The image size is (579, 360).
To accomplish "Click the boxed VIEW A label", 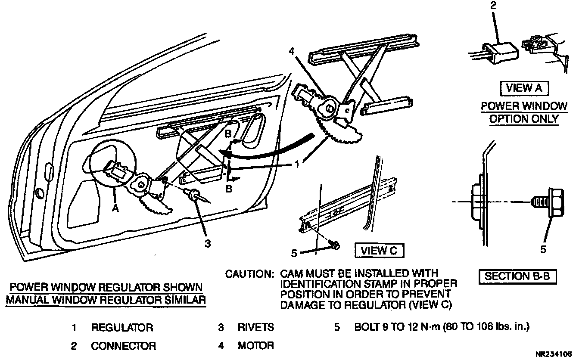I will (524, 89).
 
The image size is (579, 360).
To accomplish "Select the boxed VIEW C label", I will (379, 251).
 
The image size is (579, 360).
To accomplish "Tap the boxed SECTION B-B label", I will (517, 276).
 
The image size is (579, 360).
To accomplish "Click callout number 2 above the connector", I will (493, 6).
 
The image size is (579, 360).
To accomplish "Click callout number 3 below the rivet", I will (208, 243).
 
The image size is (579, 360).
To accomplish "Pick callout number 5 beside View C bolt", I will (295, 253).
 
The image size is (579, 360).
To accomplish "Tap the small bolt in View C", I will (335, 245).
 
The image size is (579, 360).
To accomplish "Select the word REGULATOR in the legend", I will (122, 328).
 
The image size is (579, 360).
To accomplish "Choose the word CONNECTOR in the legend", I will (123, 346).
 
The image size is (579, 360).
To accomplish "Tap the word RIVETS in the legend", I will (256, 327).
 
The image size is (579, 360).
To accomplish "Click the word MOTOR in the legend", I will (256, 345).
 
